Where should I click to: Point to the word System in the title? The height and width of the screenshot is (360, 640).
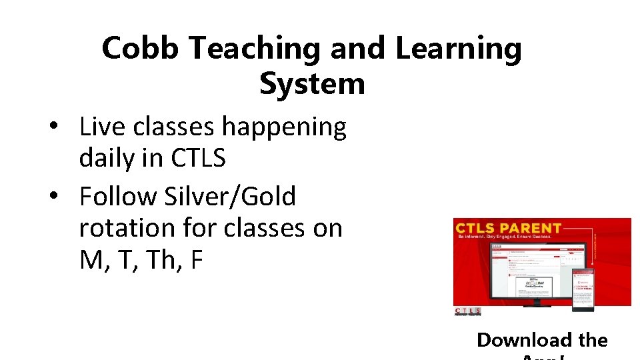pyautogui.click(x=312, y=84)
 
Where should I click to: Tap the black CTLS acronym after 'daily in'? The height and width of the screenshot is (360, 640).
pyautogui.click(x=198, y=159)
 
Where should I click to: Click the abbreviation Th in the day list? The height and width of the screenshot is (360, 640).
pyautogui.click(x=158, y=260)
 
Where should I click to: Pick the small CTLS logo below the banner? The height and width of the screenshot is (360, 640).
pyautogui.click(x=467, y=311)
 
